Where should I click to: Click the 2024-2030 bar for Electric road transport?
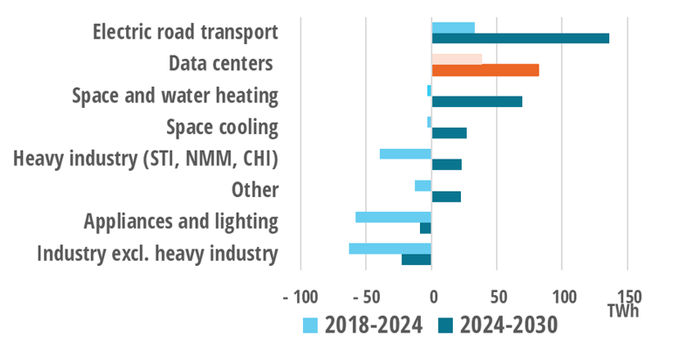(520, 38)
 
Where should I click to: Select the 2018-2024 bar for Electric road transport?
(453, 28)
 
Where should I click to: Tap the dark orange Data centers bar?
(485, 70)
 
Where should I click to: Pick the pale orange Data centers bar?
(456, 59)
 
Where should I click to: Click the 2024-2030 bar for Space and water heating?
(477, 101)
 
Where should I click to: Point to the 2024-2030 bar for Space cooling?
(449, 133)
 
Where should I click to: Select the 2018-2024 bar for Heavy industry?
(405, 154)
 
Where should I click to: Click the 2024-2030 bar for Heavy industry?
(446, 164)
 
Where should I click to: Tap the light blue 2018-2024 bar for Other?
(422, 186)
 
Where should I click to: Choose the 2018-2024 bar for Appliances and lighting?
(393, 217)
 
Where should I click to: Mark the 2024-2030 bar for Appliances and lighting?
(425, 228)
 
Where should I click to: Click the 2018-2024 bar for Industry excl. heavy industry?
(390, 249)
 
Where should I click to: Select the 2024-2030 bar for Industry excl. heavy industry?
(416, 259)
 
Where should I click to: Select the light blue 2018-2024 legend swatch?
(309, 326)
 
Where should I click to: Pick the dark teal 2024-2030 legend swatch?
(442, 326)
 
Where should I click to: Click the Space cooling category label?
(221, 128)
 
